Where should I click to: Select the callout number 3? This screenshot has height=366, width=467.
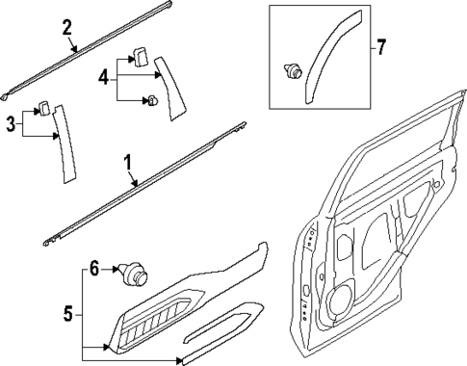point(12,123)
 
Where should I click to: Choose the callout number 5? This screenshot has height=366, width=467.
point(66,313)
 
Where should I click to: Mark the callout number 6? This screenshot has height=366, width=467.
point(95,271)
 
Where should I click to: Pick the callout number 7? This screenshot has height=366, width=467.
point(380,45)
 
